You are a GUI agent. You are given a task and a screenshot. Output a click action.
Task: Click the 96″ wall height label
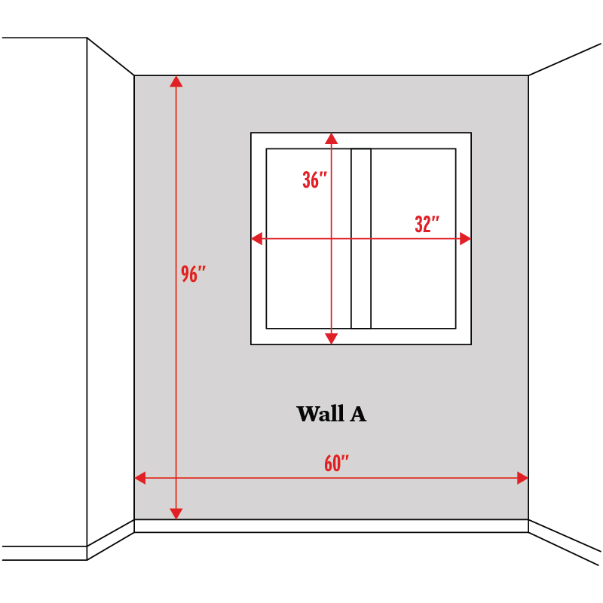[193, 274]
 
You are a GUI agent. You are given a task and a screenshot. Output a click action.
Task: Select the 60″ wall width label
[336, 464]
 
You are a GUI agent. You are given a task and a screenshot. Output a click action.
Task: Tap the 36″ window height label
[314, 180]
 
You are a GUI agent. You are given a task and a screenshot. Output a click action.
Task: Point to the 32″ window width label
[427, 225]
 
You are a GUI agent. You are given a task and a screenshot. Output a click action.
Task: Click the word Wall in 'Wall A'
[318, 414]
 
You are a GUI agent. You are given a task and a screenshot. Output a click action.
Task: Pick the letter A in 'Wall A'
[358, 414]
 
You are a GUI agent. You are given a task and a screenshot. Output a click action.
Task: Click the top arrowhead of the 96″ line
[176, 82]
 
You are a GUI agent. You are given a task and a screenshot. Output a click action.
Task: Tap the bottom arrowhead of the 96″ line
[176, 513]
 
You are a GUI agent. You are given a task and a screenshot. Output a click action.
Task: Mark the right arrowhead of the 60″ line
[522, 477]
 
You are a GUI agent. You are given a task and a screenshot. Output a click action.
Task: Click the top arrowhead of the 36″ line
[331, 139]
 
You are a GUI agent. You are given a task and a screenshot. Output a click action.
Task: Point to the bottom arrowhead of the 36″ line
[331, 338]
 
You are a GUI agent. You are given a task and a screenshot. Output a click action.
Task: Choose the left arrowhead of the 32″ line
[257, 239]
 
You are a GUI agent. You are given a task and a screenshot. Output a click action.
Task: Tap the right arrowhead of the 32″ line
[465, 239]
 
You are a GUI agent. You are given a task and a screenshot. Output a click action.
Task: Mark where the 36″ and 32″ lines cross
[331, 239]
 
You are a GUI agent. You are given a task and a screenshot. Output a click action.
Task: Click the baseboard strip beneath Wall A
[332, 526]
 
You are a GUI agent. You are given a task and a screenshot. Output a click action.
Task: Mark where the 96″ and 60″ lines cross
[176, 477]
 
